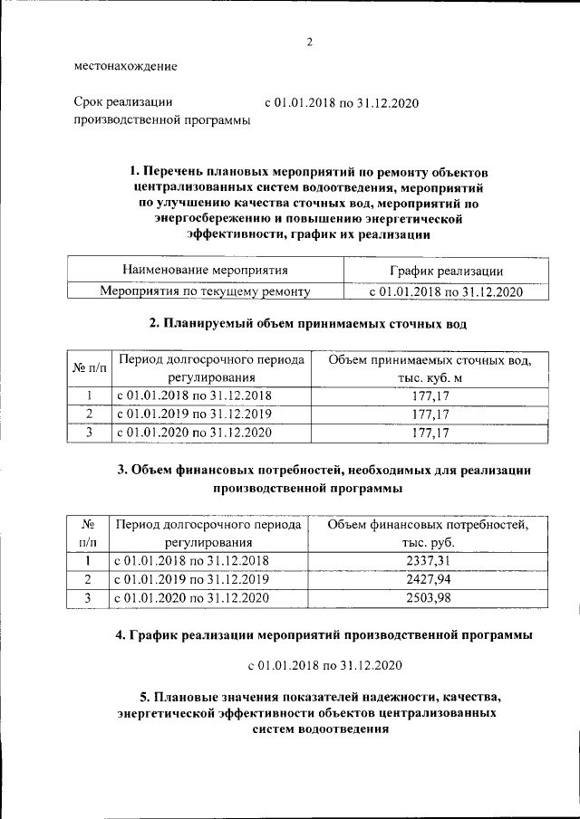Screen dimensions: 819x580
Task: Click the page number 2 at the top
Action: pyautogui.click(x=309, y=42)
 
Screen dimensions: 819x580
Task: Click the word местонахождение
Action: pyautogui.click(x=125, y=66)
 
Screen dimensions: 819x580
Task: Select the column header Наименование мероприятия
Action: pyautogui.click(x=206, y=270)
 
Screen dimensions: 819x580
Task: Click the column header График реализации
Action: pyautogui.click(x=446, y=271)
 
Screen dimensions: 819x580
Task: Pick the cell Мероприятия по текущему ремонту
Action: pyautogui.click(x=206, y=291)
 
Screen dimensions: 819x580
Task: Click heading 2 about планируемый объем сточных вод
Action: pyautogui.click(x=308, y=323)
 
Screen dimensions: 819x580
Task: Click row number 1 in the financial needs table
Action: pyautogui.click(x=89, y=561)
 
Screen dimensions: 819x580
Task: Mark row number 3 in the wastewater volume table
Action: pyautogui.click(x=89, y=433)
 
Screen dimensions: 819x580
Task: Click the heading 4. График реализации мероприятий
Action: pyautogui.click(x=324, y=635)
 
